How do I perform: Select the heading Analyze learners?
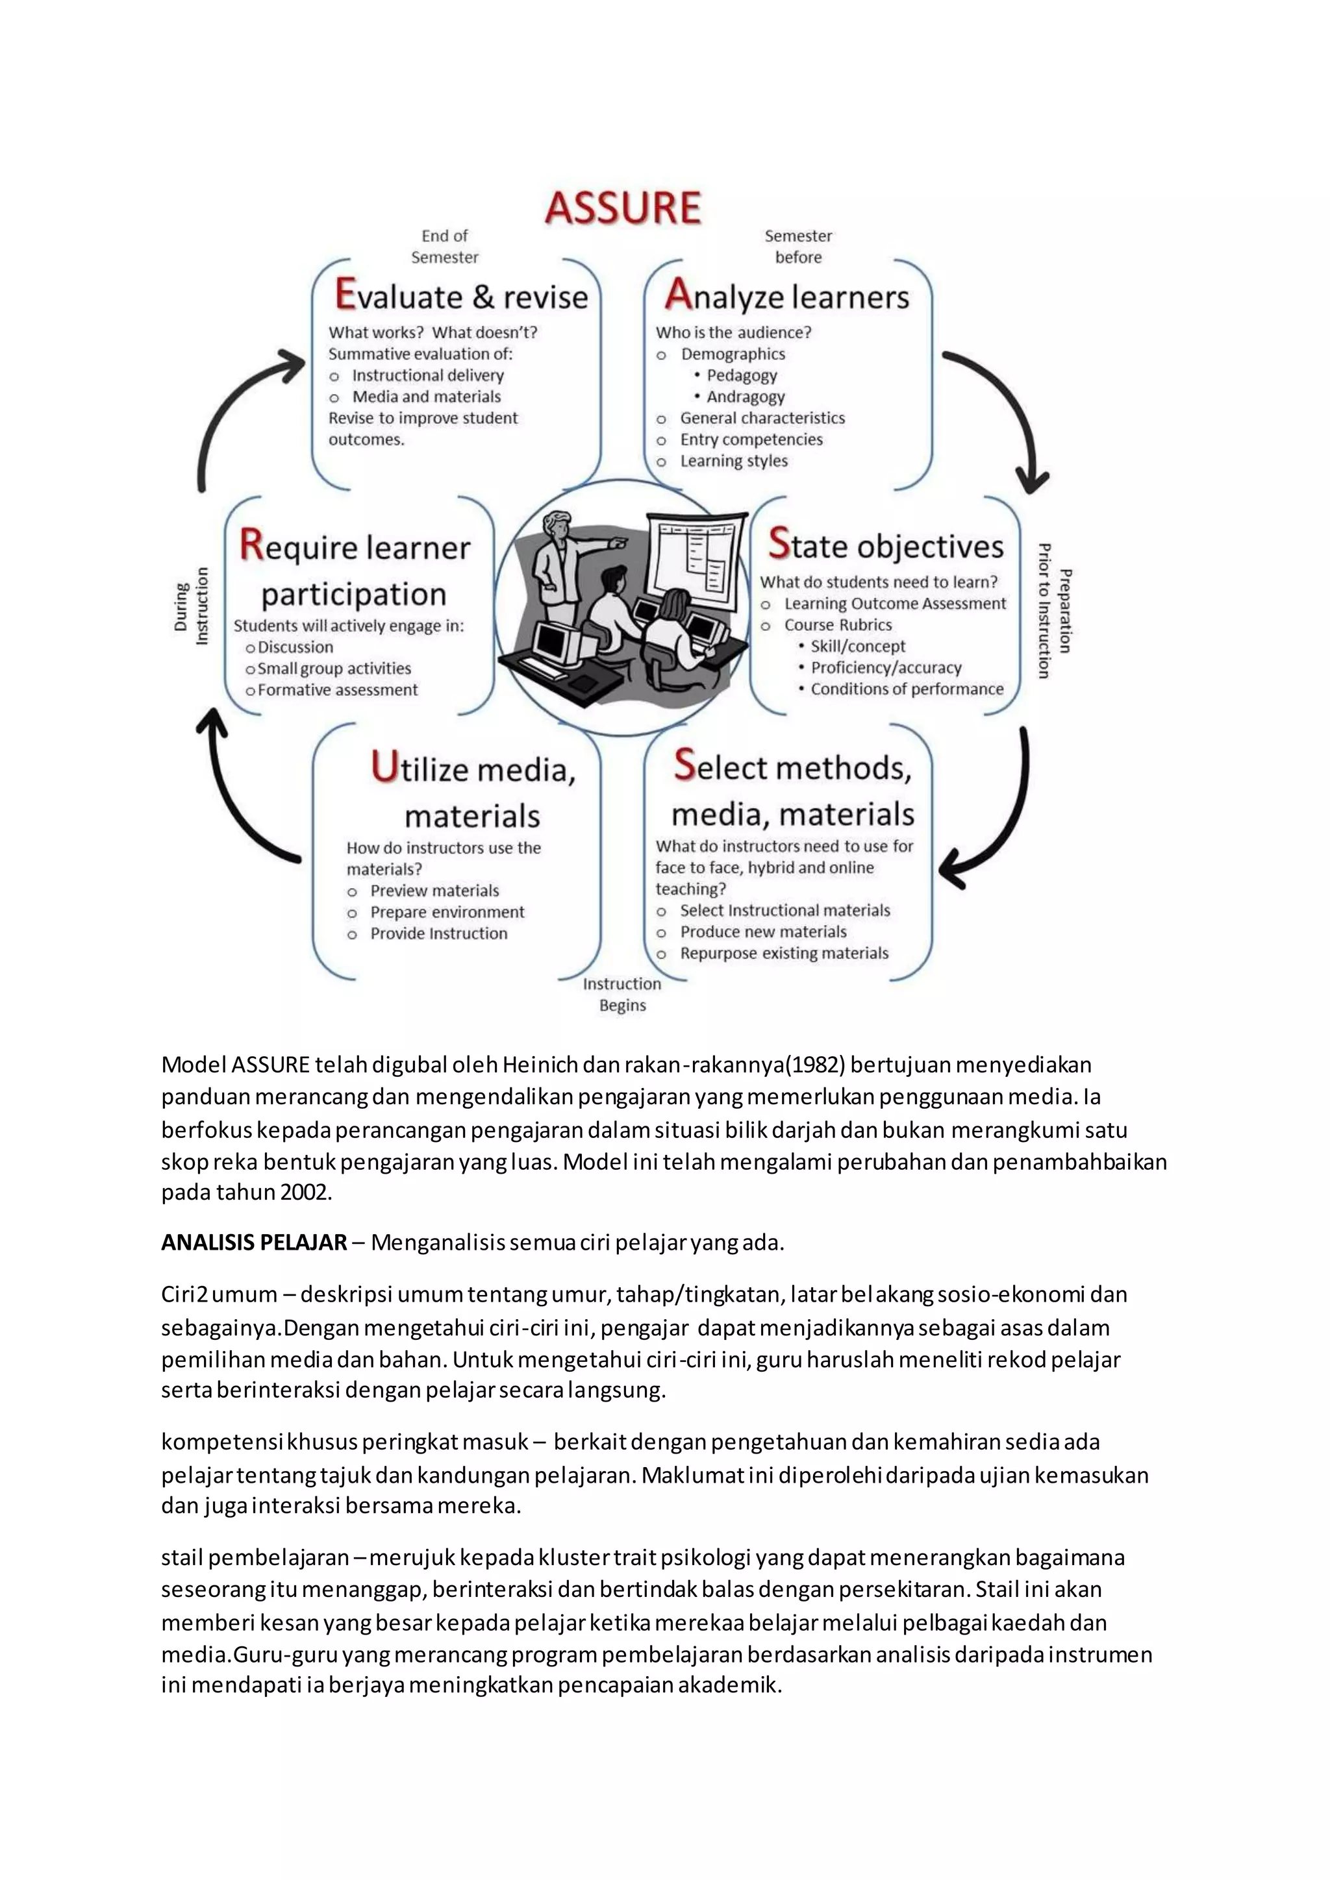786,295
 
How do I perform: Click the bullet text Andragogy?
746,397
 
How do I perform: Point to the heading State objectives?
886,545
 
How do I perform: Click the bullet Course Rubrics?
838,625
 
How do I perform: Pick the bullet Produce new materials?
763,932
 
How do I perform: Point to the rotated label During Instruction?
191,606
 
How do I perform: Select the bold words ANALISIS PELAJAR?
254,1243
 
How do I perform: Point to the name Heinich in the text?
540,1065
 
